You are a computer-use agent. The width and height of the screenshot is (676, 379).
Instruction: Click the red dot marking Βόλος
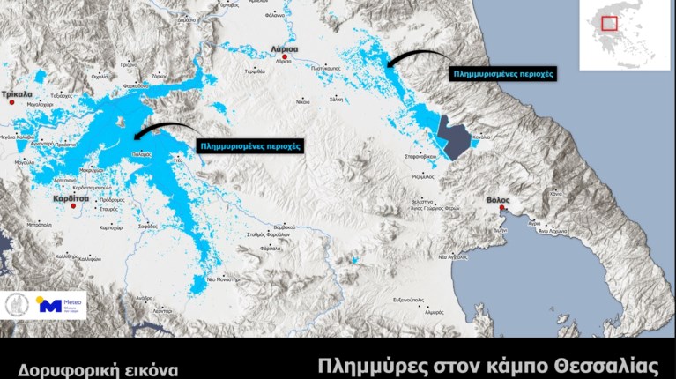click(x=502, y=210)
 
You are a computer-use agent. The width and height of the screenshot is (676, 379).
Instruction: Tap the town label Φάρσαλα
click(x=272, y=249)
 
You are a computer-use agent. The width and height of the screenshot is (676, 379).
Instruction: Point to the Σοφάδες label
click(x=149, y=227)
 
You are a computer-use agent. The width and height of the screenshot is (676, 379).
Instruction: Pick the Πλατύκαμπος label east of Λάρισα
click(x=325, y=68)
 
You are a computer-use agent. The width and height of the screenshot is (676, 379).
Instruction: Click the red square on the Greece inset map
click(x=609, y=24)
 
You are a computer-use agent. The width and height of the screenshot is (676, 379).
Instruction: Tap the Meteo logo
click(x=59, y=306)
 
